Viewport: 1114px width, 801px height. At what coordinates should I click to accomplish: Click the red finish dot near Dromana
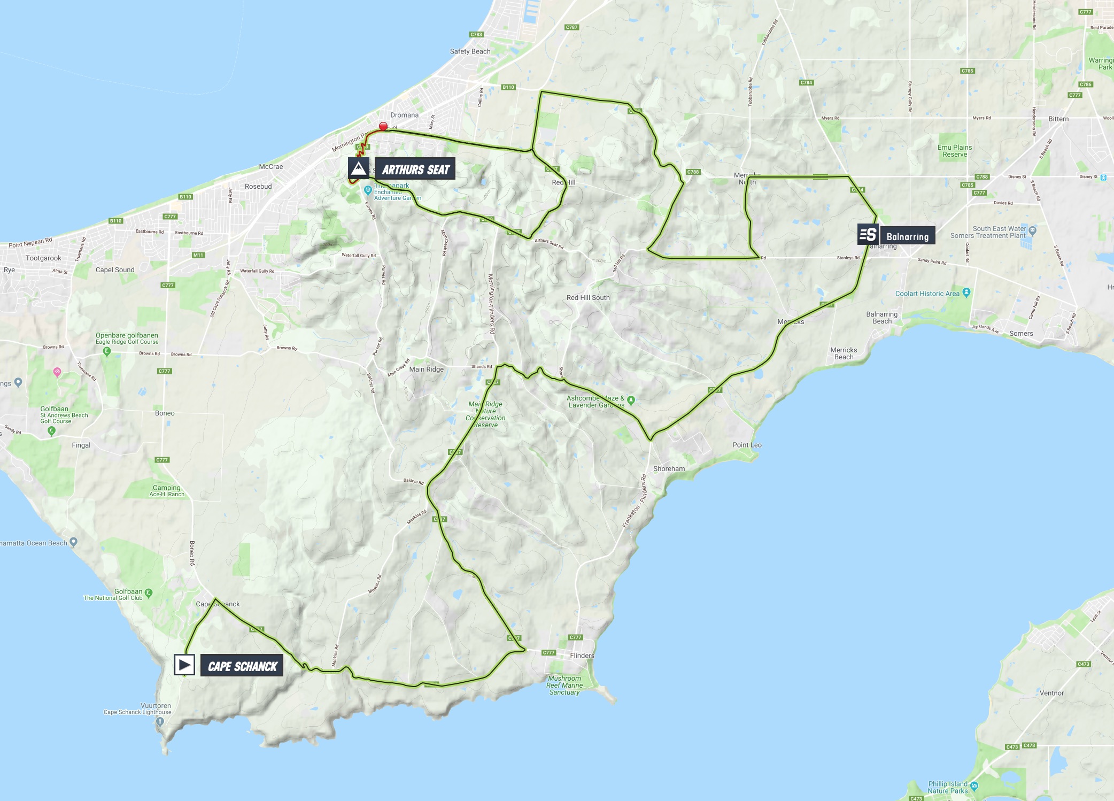pyautogui.click(x=383, y=127)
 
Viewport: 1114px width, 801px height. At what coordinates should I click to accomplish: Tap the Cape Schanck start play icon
pyautogui.click(x=184, y=665)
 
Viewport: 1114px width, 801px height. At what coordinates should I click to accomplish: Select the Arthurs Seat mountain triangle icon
pyautogui.click(x=358, y=168)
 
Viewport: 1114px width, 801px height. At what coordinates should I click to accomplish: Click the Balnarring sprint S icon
pyautogui.click(x=868, y=234)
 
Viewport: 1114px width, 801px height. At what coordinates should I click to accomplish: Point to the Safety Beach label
pyautogui.click(x=470, y=51)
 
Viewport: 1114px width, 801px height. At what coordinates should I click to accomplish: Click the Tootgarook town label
pyautogui.click(x=43, y=258)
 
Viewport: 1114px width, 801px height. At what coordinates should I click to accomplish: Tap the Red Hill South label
pyautogui.click(x=588, y=298)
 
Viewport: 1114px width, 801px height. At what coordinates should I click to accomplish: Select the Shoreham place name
pyautogui.click(x=669, y=469)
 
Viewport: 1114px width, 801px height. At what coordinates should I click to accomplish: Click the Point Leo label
pyautogui.click(x=747, y=445)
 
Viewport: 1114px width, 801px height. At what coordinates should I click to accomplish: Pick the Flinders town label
pyautogui.click(x=582, y=656)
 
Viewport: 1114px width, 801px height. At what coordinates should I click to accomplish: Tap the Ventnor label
pyautogui.click(x=1051, y=693)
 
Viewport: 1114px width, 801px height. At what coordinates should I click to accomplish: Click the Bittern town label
pyautogui.click(x=1058, y=119)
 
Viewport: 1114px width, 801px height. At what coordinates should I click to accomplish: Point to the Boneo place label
pyautogui.click(x=165, y=413)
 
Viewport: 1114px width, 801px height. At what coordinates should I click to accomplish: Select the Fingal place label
pyautogui.click(x=81, y=445)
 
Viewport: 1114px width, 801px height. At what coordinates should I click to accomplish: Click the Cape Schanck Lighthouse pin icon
pyautogui.click(x=160, y=721)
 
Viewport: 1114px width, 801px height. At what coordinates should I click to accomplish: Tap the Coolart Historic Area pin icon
pyautogui.click(x=966, y=292)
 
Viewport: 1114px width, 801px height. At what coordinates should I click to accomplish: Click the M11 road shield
pyautogui.click(x=198, y=255)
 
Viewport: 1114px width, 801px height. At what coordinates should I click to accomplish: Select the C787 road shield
pyautogui.click(x=571, y=27)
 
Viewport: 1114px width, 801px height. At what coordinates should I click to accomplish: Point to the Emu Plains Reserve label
pyautogui.click(x=955, y=151)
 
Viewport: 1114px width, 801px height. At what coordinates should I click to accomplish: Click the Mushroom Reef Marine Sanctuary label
pyautogui.click(x=564, y=686)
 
